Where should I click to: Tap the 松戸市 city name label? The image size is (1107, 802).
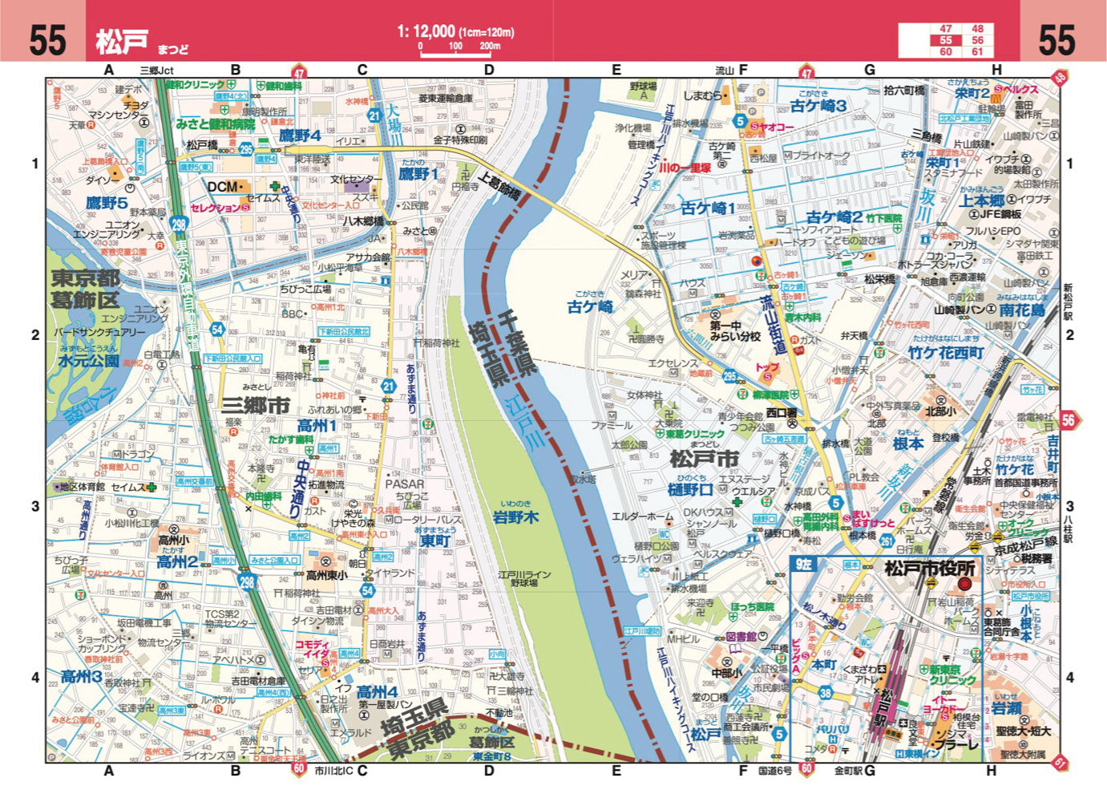(704, 459)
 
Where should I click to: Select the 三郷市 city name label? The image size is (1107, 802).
(256, 406)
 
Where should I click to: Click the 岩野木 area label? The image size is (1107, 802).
(515, 517)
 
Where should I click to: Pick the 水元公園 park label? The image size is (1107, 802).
(88, 361)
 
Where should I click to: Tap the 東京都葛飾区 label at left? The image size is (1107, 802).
(86, 290)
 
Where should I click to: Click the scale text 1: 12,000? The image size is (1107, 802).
(426, 31)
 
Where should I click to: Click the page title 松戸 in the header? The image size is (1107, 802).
(122, 41)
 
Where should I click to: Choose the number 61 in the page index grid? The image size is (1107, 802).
(977, 51)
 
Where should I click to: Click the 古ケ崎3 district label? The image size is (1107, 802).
(818, 106)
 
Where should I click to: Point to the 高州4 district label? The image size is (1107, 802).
(377, 692)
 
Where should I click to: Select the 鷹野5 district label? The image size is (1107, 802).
(107, 203)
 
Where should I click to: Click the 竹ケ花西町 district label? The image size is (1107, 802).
(946, 353)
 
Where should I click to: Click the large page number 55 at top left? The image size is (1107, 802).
(46, 40)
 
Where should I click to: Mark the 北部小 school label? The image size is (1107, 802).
(940, 411)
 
